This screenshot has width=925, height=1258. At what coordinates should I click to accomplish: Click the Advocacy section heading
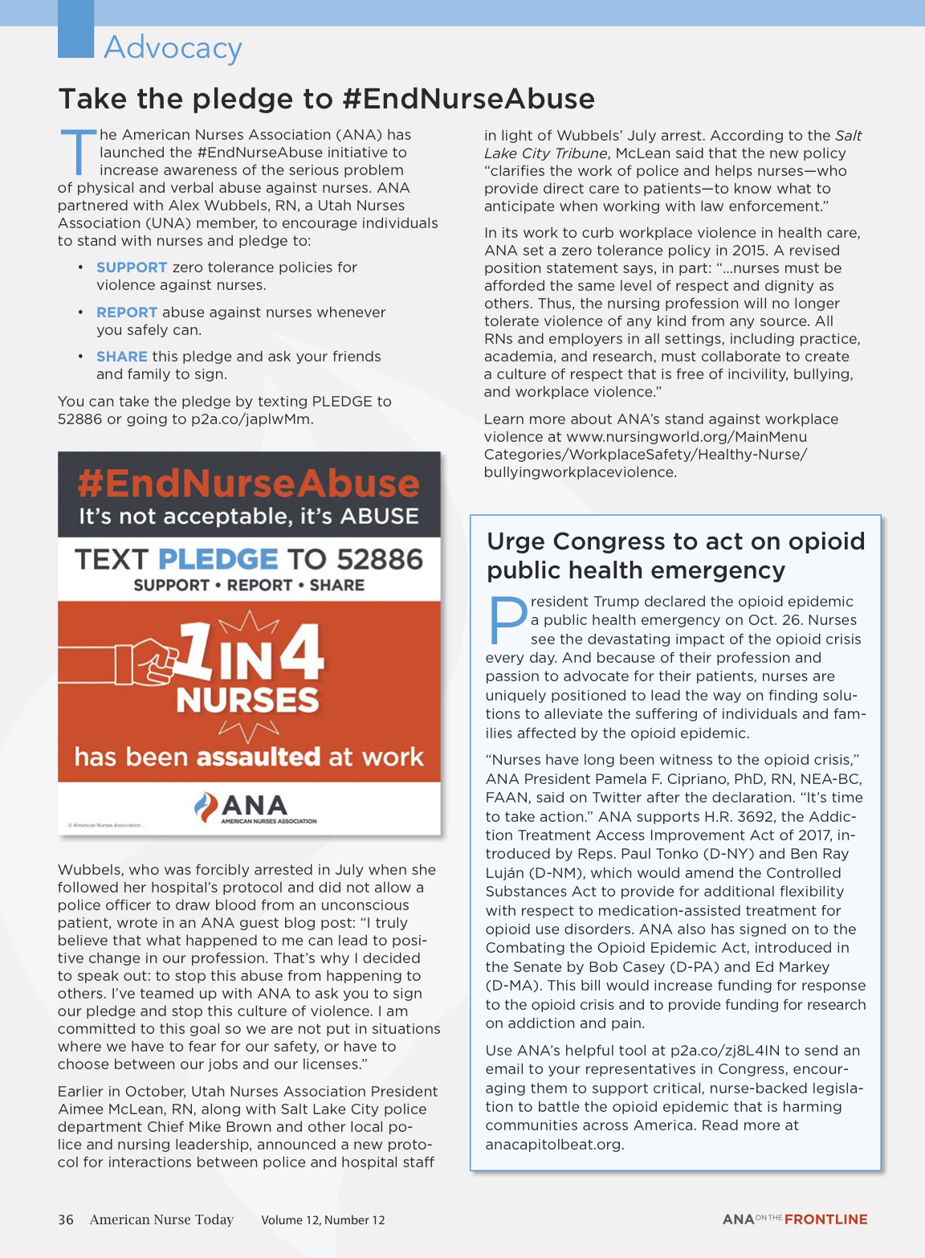pyautogui.click(x=173, y=48)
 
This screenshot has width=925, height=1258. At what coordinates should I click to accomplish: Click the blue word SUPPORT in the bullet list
pyautogui.click(x=132, y=268)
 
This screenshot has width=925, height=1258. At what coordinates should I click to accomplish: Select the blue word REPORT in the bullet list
pyautogui.click(x=127, y=312)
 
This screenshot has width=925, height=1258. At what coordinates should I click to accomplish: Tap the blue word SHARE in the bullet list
pyautogui.click(x=122, y=357)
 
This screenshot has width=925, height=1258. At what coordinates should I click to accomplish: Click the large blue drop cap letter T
pyautogui.click(x=78, y=152)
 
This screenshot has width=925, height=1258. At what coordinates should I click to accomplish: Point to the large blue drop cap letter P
pyautogui.click(x=507, y=621)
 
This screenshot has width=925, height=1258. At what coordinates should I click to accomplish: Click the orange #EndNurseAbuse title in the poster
pyautogui.click(x=249, y=484)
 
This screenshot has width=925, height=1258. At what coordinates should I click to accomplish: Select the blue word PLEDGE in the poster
pyautogui.click(x=218, y=559)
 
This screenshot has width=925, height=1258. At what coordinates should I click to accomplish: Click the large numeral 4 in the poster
pyautogui.click(x=301, y=653)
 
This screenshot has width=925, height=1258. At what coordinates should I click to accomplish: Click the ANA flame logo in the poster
pyautogui.click(x=206, y=807)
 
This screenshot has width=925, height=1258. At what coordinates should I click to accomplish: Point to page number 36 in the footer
pyautogui.click(x=66, y=1219)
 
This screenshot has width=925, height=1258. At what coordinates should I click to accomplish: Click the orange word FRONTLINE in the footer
pyautogui.click(x=825, y=1219)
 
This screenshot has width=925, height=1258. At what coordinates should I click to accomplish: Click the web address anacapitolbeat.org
pyautogui.click(x=554, y=1145)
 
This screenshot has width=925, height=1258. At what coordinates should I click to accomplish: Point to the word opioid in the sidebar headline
pyautogui.click(x=826, y=541)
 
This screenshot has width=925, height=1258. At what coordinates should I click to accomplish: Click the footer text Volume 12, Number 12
pyautogui.click(x=323, y=1220)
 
